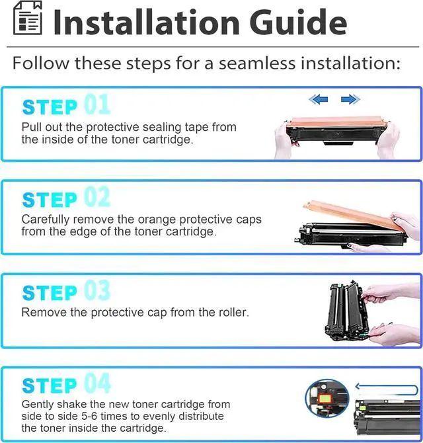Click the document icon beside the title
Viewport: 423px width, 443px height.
pos(27,20)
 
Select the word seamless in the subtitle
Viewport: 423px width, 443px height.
pos(259,63)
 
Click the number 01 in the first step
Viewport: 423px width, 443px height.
pos(96,105)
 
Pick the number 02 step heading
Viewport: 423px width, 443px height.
pos(96,198)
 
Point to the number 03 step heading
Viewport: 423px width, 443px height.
pos(96,291)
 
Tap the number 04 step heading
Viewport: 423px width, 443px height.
pos(96,383)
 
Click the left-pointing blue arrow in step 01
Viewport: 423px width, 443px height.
pos(319,99)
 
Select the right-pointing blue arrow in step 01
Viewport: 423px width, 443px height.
pos(350,99)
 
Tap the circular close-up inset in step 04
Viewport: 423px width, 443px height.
pos(327,401)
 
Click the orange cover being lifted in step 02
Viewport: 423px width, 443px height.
pos(350,214)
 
